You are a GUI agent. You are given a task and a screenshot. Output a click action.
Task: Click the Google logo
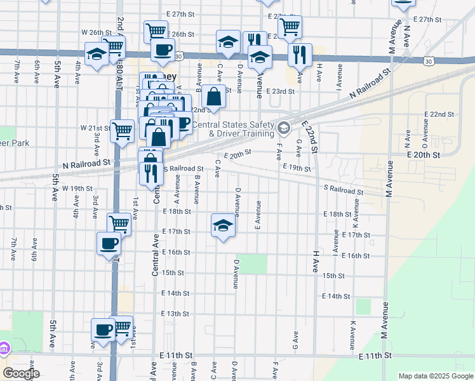tap(21, 373)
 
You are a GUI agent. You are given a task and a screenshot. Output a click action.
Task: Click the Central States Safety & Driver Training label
tap(233, 129)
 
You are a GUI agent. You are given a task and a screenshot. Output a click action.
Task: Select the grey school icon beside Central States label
tap(283, 128)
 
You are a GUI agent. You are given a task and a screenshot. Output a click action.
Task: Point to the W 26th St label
tap(97, 32)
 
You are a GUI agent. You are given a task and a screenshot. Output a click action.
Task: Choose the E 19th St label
tap(298, 169)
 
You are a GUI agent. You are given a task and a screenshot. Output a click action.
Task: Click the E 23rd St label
tap(281, 91)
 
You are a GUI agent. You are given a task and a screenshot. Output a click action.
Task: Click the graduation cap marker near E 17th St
tap(222, 225)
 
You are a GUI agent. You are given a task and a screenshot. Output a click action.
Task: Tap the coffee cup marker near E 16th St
tap(109, 243)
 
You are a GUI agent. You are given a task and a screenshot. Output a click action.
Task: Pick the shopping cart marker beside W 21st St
tap(122, 131)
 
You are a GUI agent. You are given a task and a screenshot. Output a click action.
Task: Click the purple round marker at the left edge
tap(4, 349)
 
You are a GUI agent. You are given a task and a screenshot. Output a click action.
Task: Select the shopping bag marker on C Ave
tap(214, 97)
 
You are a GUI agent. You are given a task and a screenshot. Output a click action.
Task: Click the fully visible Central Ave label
tap(155, 253)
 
